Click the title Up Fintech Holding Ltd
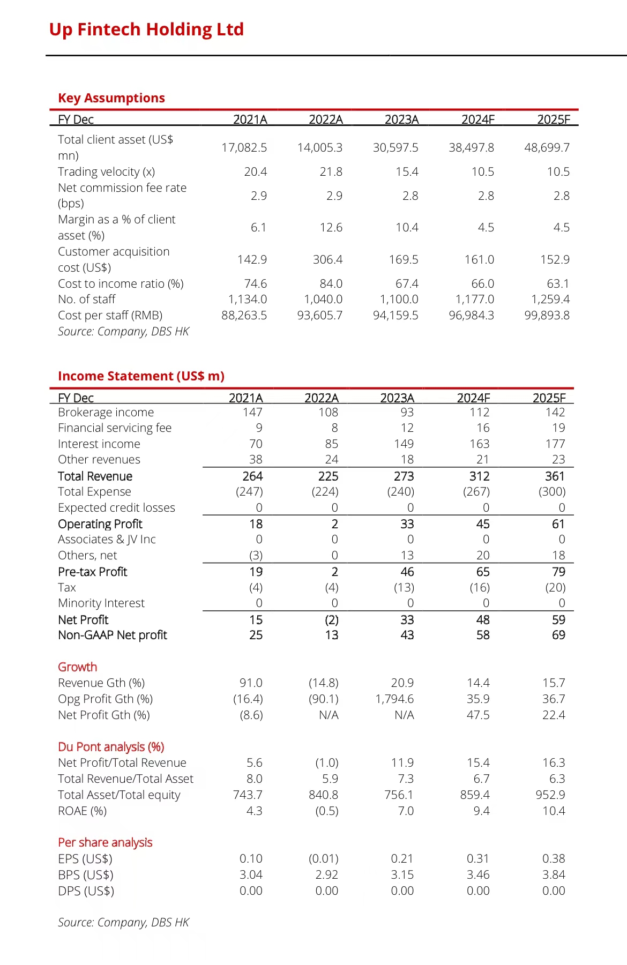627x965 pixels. click(146, 29)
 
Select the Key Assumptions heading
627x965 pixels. click(111, 98)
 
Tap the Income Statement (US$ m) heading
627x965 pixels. click(141, 376)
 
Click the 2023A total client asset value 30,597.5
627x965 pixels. click(395, 147)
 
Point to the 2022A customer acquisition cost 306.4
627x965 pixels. click(327, 260)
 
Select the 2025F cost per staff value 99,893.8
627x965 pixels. click(547, 316)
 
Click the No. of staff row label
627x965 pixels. click(87, 300)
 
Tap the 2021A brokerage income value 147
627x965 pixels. click(252, 413)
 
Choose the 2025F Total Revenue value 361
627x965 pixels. click(555, 476)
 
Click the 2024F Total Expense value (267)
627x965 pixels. click(476, 492)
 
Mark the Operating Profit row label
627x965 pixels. click(100, 524)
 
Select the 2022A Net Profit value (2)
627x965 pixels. click(332, 620)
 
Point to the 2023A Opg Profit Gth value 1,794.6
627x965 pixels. click(394, 699)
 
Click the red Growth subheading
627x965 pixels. click(78, 667)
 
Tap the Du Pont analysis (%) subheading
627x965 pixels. click(111, 747)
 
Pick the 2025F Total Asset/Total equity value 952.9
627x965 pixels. click(550, 795)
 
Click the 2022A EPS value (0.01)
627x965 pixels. click(324, 859)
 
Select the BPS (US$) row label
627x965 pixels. click(86, 875)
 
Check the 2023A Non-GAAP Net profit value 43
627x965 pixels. click(407, 635)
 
